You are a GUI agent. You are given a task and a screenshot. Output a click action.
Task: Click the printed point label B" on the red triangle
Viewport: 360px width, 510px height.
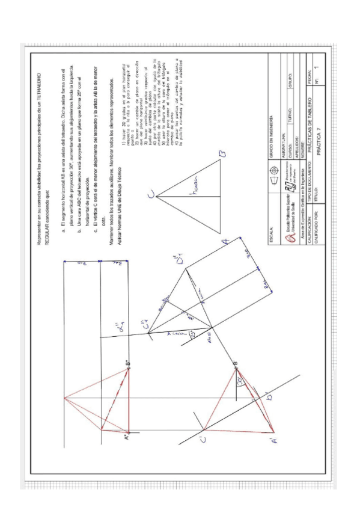click(127, 366)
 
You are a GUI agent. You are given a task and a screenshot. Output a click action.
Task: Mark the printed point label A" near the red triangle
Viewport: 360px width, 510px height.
click(126, 439)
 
